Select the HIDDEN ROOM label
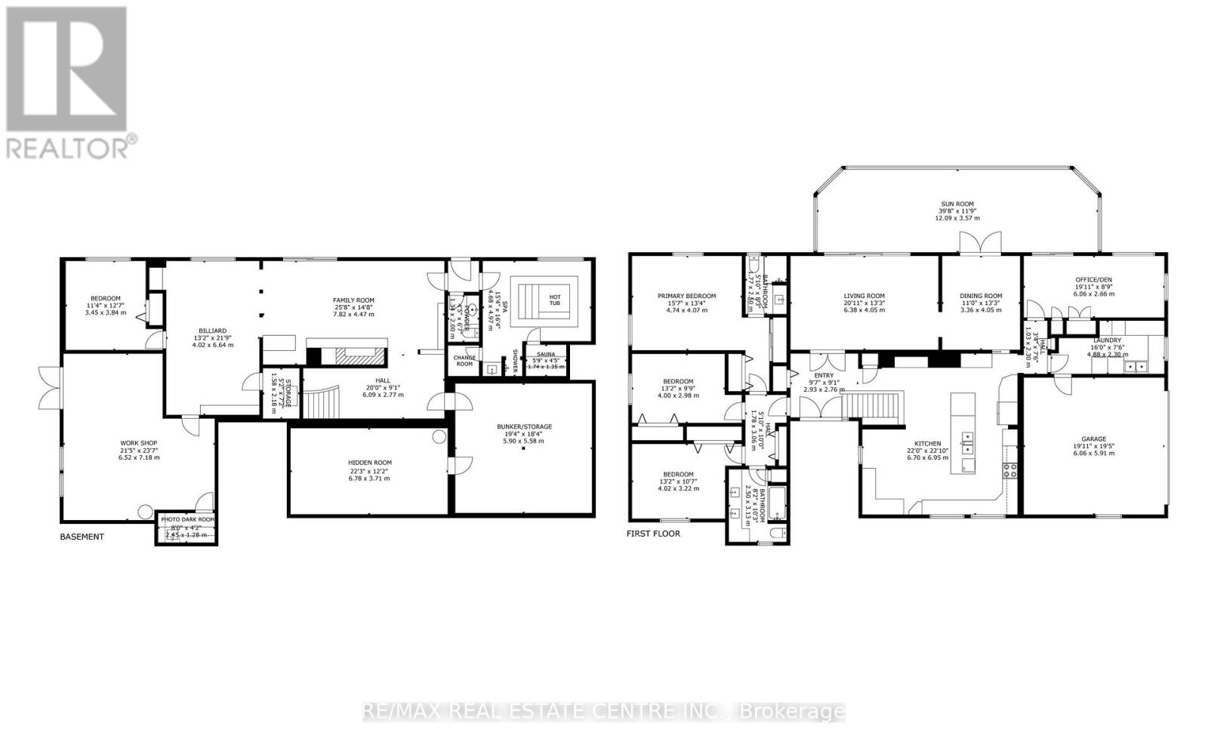point(370,463)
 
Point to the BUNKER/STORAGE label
point(524,426)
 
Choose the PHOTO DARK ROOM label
point(187,519)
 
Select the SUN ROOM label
point(957,204)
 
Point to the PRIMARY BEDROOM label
point(686,296)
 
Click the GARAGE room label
point(1093,439)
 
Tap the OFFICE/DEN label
point(1093,280)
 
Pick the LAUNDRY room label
point(1107,340)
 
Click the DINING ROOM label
point(981,296)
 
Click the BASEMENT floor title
point(82,537)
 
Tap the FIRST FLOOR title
point(653,534)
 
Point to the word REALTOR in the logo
point(68,146)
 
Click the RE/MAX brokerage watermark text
point(603,711)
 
